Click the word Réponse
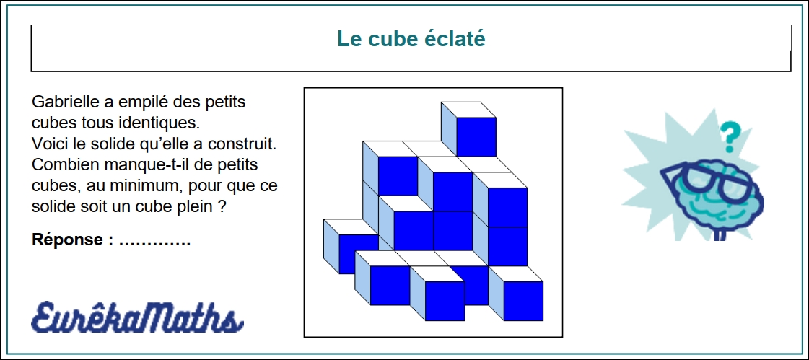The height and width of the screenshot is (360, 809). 67,240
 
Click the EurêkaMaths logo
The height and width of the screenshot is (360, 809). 136,317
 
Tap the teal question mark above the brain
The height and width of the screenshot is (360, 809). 728,135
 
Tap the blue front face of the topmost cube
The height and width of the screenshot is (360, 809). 476,136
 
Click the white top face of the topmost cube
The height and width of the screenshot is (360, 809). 468,110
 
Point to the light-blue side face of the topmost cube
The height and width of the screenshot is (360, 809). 450,129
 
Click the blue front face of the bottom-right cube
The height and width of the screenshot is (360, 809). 523,301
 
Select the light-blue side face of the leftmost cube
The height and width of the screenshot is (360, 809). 331,247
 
